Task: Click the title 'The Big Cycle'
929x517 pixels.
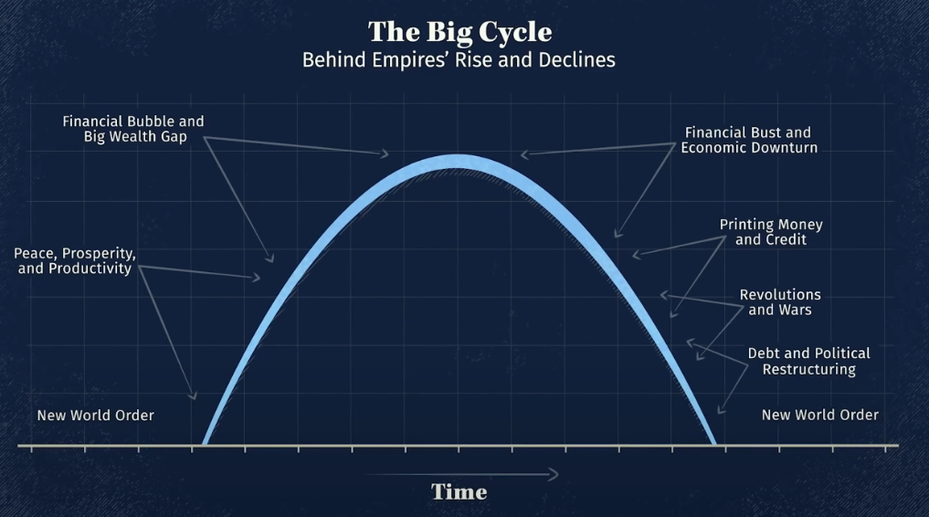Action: pos(459,32)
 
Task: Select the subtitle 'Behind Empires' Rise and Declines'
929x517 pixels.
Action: pos(459,59)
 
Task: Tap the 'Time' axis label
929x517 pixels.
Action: pos(459,491)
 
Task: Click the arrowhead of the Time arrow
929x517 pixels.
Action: pos(553,474)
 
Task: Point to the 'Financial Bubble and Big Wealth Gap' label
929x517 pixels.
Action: pos(133,129)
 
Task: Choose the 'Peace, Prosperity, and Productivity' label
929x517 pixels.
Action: pos(75,260)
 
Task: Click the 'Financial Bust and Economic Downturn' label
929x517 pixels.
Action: pos(749,140)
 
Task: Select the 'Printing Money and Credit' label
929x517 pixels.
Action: pos(771,232)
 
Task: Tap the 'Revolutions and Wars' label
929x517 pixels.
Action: pos(780,302)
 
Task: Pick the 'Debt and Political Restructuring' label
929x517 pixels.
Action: pos(808,361)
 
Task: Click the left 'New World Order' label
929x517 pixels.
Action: pos(95,415)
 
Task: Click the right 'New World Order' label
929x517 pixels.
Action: pos(820,415)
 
